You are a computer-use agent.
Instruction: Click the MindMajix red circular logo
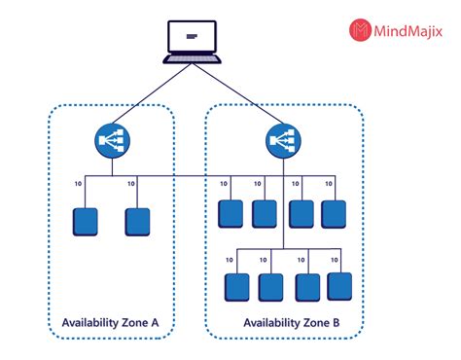pos(361,30)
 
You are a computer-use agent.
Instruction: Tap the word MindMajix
pos(410,31)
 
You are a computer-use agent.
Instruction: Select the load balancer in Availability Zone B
pos(282,142)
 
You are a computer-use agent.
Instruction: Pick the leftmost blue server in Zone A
pos(85,222)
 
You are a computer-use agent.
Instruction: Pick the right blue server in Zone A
pos(137,222)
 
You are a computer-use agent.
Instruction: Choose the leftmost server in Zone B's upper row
pos(230,213)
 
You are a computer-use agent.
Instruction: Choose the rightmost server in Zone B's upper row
pos(334,213)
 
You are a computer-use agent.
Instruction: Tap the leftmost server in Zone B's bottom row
pos(237,286)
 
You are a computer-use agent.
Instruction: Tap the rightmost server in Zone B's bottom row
pos(338,286)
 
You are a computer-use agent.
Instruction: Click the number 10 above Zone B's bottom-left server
pos(230,261)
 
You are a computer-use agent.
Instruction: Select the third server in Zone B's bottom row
pos(307,286)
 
